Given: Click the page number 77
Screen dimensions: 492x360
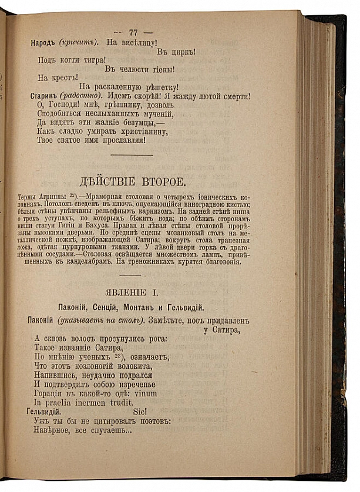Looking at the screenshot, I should click(133, 32).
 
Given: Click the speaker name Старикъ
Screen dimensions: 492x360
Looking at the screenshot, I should click(45, 96).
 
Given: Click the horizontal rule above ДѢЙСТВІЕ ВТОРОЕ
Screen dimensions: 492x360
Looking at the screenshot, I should click(132, 155).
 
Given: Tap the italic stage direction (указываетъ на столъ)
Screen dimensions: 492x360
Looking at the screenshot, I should click(102, 320).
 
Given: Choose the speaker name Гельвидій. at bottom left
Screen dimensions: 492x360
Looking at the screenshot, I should click(49, 412).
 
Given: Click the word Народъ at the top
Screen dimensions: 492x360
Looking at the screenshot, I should click(45, 42).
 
